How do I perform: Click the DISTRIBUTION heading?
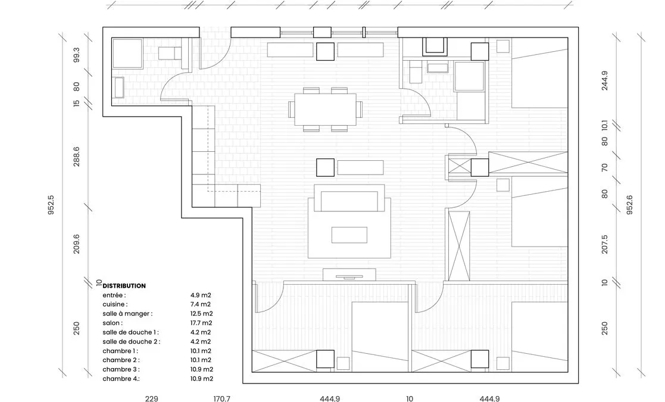pyautogui.click(x=124, y=286)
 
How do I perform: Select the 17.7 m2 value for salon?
pyautogui.click(x=201, y=323)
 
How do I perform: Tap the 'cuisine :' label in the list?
pyautogui.click(x=115, y=304)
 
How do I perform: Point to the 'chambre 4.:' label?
pyautogui.click(x=121, y=379)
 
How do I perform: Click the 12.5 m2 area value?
pyautogui.click(x=201, y=314)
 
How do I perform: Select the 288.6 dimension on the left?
pyautogui.click(x=76, y=157)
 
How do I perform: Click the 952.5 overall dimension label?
pyautogui.click(x=51, y=205)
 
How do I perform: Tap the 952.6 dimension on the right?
pyautogui.click(x=629, y=205)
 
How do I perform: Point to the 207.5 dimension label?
pyautogui.click(x=605, y=244)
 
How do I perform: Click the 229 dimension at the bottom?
pyautogui.click(x=151, y=398)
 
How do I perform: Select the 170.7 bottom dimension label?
pyautogui.click(x=222, y=398)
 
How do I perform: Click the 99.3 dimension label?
pyautogui.click(x=76, y=55)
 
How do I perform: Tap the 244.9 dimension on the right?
pyautogui.click(x=605, y=80)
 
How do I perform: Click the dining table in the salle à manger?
pyautogui.click(x=326, y=109)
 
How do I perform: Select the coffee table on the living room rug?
pyautogui.click(x=349, y=235)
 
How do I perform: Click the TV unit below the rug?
pyautogui.click(x=349, y=275)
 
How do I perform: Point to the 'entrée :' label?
pyautogui.click(x=114, y=295)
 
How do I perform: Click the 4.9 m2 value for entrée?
pyautogui.click(x=201, y=295)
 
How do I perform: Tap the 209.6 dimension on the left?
pyautogui.click(x=76, y=244)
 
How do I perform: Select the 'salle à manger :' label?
pyautogui.click(x=127, y=314)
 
